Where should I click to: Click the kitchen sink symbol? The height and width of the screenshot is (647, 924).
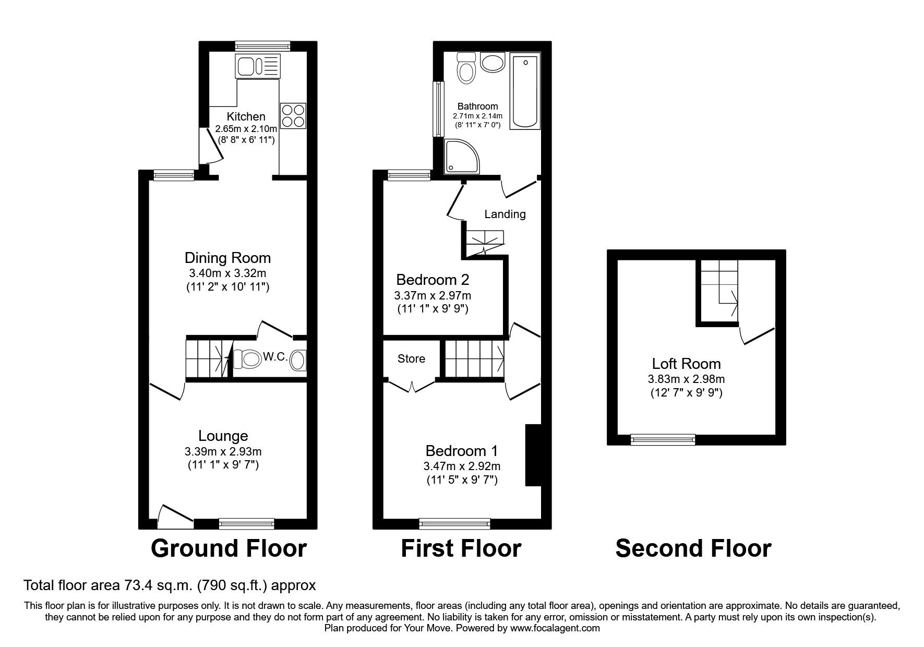click(x=258, y=66)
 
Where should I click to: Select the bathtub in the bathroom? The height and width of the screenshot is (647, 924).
click(x=525, y=91)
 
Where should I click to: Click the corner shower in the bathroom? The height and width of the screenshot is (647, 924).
click(x=462, y=156)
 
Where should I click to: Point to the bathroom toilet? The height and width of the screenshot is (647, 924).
click(x=466, y=68)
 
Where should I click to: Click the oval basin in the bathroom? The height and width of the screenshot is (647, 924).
click(x=493, y=63)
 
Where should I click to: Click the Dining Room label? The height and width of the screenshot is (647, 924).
click(x=227, y=258)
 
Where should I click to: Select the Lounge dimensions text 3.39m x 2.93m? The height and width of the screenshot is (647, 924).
click(x=223, y=451)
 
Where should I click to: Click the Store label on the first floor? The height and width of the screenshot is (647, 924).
click(x=411, y=359)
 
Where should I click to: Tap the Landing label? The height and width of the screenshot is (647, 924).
click(x=505, y=214)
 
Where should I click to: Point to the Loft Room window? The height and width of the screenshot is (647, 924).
click(x=663, y=440)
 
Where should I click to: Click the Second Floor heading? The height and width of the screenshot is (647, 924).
click(x=693, y=548)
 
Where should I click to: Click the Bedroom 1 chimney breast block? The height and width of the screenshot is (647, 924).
click(x=533, y=455)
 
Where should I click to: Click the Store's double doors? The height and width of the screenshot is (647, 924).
click(x=412, y=386)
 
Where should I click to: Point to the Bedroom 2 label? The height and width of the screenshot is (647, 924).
click(x=433, y=280)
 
